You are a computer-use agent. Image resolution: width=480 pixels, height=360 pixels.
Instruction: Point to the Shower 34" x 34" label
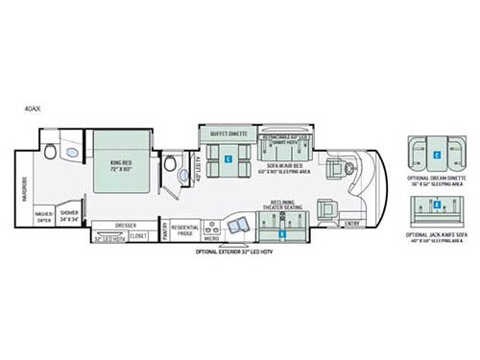click(70, 215)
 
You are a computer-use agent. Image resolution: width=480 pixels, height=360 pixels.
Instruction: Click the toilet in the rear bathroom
click(49, 151)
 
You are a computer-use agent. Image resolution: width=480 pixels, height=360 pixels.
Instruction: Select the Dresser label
click(126, 226)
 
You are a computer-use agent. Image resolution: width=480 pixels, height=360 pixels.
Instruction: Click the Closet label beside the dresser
click(138, 235)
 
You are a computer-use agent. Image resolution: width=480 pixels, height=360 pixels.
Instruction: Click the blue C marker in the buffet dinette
click(228, 158)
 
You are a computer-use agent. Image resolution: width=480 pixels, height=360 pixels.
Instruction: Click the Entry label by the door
click(352, 224)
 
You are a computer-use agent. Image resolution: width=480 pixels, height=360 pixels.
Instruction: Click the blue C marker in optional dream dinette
click(436, 154)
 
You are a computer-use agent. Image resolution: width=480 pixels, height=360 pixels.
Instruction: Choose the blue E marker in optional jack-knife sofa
click(436, 204)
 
